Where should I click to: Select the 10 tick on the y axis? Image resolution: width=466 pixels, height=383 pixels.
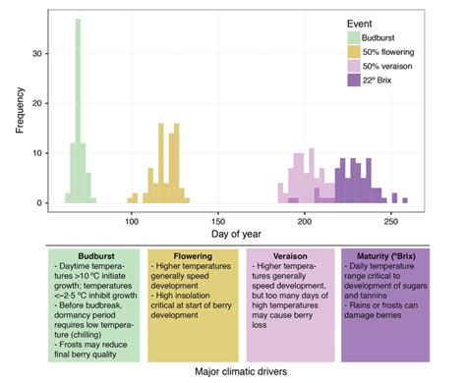click(40, 152)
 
